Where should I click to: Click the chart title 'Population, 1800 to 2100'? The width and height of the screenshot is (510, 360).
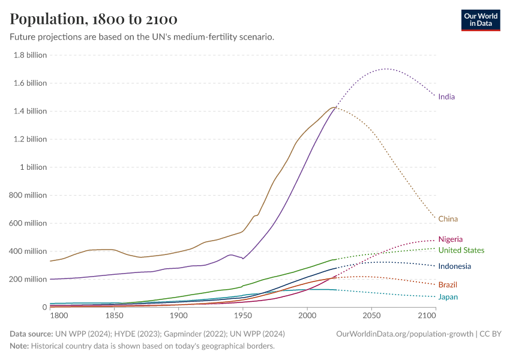tap(93, 19)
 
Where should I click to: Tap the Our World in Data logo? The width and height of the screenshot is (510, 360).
tap(480, 20)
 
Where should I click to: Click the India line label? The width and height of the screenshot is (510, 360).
tap(446, 97)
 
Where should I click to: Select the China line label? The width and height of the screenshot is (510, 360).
tap(448, 219)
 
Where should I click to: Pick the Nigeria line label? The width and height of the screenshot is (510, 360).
tap(450, 239)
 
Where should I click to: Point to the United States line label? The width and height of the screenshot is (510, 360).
tap(461, 250)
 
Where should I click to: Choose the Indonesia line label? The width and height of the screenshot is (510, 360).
tap(454, 266)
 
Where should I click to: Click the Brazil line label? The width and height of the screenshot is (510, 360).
tap(448, 284)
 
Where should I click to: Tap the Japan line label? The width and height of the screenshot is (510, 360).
tap(448, 297)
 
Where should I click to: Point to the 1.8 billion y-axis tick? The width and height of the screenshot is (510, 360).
tap(29, 55)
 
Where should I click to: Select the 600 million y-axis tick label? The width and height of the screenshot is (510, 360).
tap(27, 223)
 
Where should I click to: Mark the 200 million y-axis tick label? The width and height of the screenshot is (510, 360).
tap(27, 280)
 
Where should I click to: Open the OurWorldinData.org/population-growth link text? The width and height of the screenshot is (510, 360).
tap(406, 334)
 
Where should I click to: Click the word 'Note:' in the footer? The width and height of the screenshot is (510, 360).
tap(21, 346)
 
